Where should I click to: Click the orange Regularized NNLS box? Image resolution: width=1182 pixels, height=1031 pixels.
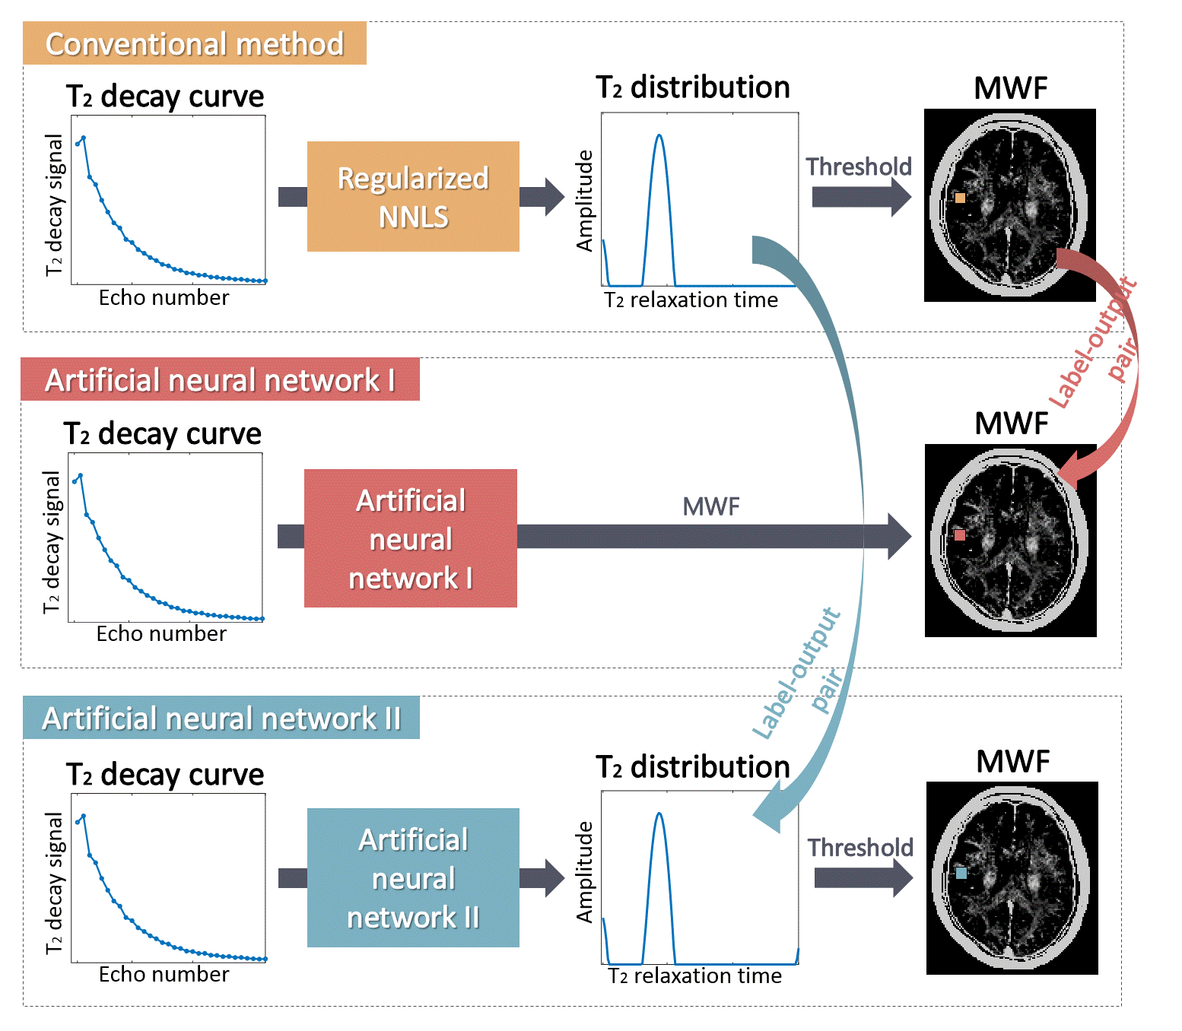(x=413, y=196)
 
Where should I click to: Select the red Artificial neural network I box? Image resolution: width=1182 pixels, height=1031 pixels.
(x=411, y=538)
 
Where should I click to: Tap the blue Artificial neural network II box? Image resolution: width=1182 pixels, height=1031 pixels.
(x=413, y=877)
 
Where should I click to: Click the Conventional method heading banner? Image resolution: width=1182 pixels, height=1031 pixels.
(x=195, y=43)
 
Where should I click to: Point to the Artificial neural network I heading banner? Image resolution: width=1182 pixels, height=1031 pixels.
(x=221, y=379)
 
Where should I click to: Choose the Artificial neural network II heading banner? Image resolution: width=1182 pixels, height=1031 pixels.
(x=221, y=718)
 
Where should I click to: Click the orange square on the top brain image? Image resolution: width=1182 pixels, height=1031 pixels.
(x=960, y=198)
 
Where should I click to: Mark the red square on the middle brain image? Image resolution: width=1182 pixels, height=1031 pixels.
(x=960, y=535)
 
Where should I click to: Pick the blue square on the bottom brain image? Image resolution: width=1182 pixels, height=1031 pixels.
(x=961, y=873)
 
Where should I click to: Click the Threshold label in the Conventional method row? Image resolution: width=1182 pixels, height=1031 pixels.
(x=859, y=167)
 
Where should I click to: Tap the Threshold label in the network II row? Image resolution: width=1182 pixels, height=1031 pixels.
(x=860, y=847)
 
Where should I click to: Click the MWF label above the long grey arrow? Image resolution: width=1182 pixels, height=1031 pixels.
(x=711, y=506)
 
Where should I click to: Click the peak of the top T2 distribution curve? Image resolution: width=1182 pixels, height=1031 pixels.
(x=659, y=136)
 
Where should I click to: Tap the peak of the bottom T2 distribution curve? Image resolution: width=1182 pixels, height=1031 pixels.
(x=659, y=814)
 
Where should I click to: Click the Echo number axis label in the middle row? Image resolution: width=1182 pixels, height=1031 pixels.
(x=161, y=633)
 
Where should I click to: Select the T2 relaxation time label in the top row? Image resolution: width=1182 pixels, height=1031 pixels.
(x=691, y=300)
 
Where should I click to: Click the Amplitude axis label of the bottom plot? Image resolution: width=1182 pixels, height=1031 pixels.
(x=584, y=872)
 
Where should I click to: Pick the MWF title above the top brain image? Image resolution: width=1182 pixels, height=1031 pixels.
(x=1011, y=88)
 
